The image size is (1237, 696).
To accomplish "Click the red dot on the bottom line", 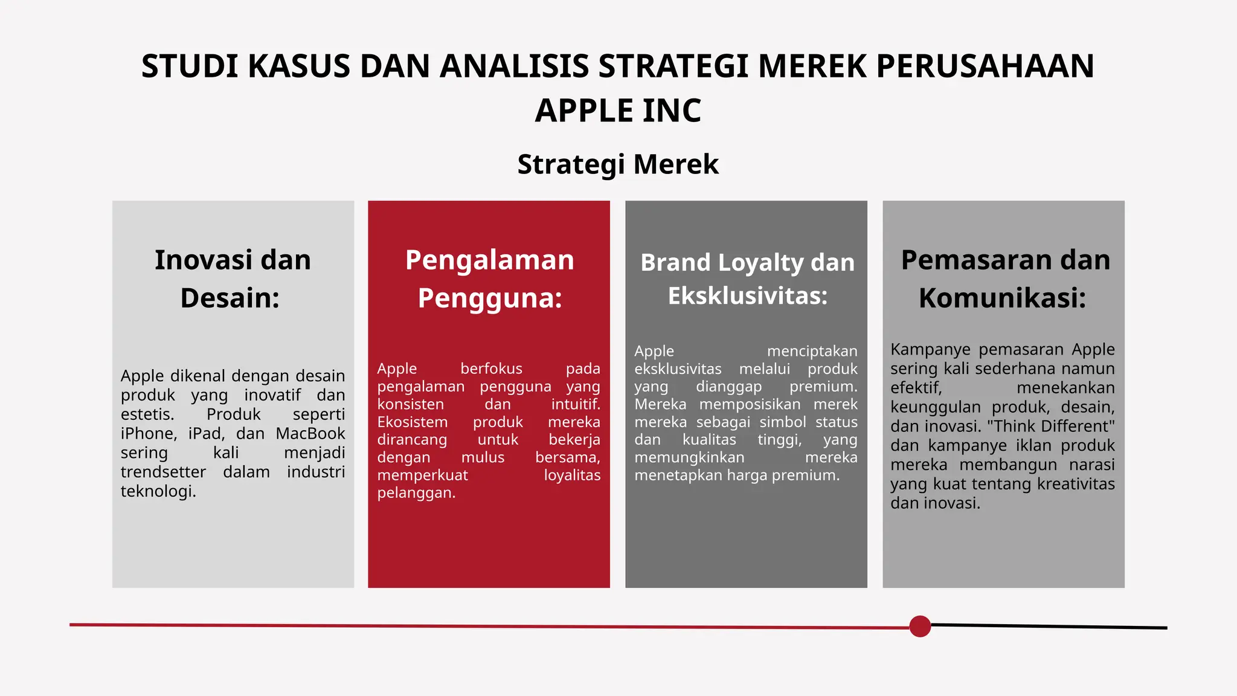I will tap(919, 627).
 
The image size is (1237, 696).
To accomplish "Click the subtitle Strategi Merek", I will tap(618, 164).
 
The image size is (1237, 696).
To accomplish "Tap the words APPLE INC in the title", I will tap(618, 111).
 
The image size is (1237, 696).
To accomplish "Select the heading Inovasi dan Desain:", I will tap(233, 279).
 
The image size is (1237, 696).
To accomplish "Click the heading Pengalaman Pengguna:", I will tap(489, 279).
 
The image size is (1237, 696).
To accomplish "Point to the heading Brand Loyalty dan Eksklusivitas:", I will tap(747, 279).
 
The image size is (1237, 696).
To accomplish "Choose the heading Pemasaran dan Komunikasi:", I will tap(1004, 279).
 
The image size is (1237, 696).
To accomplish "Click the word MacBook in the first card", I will tap(310, 434).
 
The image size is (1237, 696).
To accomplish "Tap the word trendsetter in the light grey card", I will tap(163, 472).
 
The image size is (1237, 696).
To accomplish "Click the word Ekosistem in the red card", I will tap(412, 422).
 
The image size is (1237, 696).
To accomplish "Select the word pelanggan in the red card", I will tap(416, 493).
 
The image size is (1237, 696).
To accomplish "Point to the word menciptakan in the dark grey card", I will tap(812, 351).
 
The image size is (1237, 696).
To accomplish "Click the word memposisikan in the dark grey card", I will tap(750, 404).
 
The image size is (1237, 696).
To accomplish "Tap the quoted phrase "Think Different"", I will tap(1050, 426).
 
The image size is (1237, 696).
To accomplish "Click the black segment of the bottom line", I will tap(1048, 627).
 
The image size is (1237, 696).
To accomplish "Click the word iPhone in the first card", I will tap(148, 434).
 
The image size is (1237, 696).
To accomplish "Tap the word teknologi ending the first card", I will tap(158, 491).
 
